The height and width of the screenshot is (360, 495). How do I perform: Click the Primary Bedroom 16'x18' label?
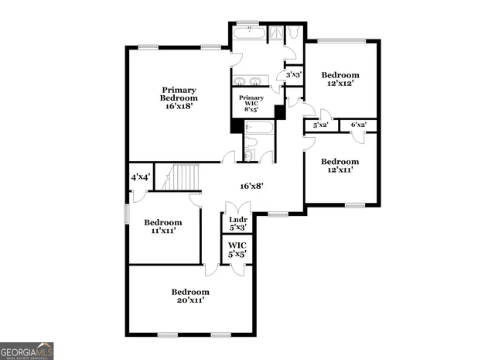click(179, 98)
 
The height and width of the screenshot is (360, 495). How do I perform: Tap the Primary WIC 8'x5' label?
click(251, 103)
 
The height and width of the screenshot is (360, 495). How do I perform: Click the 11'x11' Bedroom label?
click(162, 226)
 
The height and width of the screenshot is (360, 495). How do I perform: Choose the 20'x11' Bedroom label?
click(189, 296)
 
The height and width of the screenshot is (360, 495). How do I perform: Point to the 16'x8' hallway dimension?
click(252, 186)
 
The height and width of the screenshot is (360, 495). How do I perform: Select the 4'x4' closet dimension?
click(140, 177)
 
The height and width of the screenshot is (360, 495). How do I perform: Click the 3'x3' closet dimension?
click(294, 75)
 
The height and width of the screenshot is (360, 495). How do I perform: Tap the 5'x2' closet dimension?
click(321, 125)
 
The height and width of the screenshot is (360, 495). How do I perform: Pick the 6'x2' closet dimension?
click(358, 125)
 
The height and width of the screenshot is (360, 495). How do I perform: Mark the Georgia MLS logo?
click(27, 351)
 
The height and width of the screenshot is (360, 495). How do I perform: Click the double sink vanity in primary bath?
click(250, 81)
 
